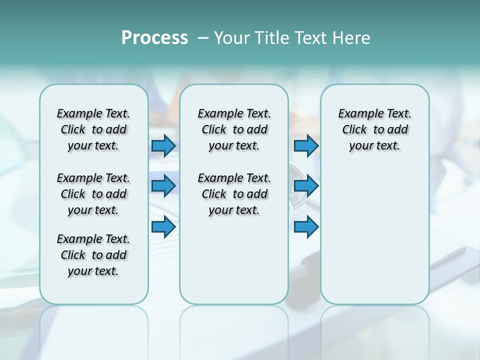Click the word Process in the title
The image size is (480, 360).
tap(154, 38)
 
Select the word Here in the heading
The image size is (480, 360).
tap(351, 38)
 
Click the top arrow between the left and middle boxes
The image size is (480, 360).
tap(163, 146)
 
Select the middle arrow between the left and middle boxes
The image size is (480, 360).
tap(163, 186)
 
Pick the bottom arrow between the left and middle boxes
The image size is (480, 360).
tap(163, 227)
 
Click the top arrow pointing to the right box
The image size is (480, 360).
tap(306, 146)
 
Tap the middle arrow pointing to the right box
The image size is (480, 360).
tap(306, 186)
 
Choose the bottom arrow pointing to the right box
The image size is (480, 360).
tap(306, 227)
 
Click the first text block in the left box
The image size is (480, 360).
tap(93, 129)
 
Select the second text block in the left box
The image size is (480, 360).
tap(93, 194)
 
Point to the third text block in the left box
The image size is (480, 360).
tap(93, 255)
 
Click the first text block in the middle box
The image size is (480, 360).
tap(234, 129)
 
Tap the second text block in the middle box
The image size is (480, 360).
tap(234, 194)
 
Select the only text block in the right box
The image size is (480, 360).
tap(374, 129)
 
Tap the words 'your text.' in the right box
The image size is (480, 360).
tap(374, 146)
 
